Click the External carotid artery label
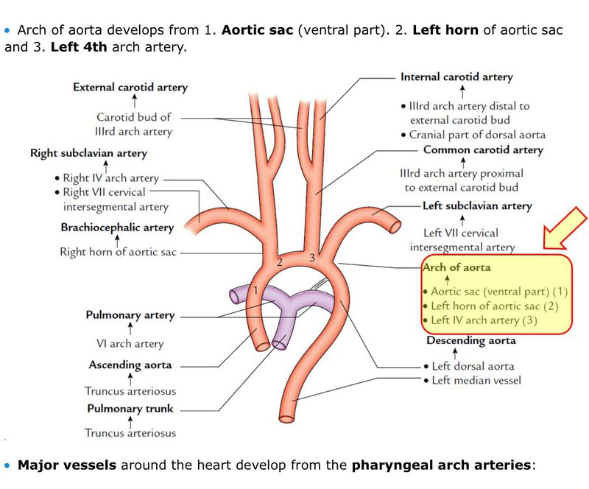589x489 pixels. click(130, 87)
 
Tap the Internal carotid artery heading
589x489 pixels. click(456, 77)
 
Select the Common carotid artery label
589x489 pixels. click(482, 150)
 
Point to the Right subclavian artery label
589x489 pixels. click(88, 153)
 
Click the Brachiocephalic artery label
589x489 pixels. click(117, 228)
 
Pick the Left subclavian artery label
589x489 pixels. click(476, 206)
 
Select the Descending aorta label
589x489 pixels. click(471, 341)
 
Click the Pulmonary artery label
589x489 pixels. click(130, 315)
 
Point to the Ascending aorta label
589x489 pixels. click(130, 365)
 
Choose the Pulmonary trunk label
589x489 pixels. click(131, 408)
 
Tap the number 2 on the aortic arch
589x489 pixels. click(279, 262)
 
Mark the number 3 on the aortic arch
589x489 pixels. click(311, 258)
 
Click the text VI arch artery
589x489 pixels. click(130, 343)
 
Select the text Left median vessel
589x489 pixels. click(477, 380)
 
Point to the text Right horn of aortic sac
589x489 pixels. click(119, 252)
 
